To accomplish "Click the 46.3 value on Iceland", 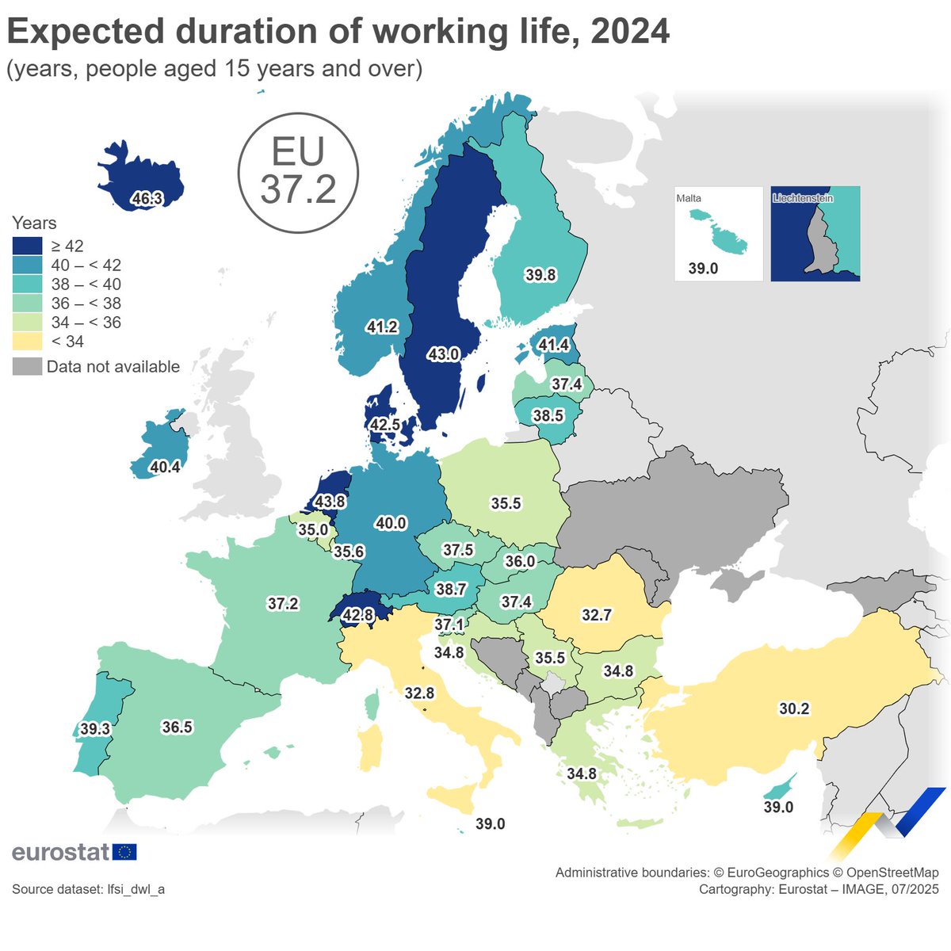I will [147, 199].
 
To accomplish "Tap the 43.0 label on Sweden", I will [443, 354].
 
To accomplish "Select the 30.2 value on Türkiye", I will [794, 708].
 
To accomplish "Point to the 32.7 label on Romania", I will [596, 614].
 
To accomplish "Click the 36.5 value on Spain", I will [177, 727].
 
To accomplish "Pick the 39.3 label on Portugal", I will [95, 728].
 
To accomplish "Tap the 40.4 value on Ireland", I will [165, 467].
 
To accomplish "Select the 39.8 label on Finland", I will [540, 275].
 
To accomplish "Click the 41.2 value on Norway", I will [382, 327].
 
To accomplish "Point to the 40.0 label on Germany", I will [391, 523].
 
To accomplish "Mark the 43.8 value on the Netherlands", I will [330, 502].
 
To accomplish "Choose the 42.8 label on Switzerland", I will [357, 614].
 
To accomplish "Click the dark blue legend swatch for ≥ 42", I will [27, 246].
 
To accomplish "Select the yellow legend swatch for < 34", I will [27, 342].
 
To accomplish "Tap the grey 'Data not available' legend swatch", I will [27, 366].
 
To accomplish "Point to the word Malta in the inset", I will [689, 198].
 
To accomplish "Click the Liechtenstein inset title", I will [803, 198].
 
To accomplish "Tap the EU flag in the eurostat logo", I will [124, 852].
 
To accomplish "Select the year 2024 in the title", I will [630, 32].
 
